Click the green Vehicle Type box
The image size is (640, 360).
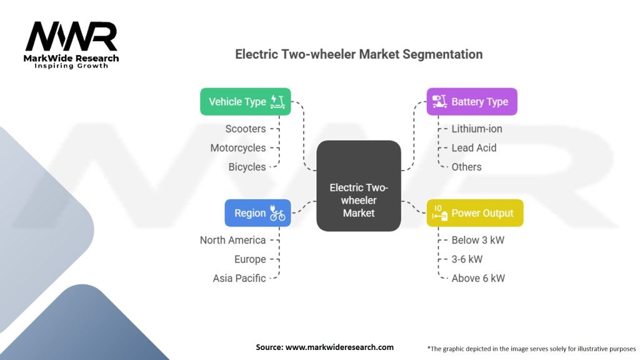(x=245, y=102)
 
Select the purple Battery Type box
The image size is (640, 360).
(x=472, y=102)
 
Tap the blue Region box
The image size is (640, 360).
(x=257, y=213)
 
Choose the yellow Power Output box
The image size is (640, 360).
(x=474, y=213)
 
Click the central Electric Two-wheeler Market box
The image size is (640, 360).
(x=359, y=186)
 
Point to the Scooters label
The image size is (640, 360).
(x=246, y=129)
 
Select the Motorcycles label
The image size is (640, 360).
(x=237, y=148)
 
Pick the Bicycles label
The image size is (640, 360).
(x=247, y=167)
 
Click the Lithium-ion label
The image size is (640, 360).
(x=477, y=129)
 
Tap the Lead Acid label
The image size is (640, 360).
(x=474, y=148)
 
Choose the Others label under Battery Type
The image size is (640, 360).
(x=466, y=167)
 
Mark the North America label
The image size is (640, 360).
(x=232, y=240)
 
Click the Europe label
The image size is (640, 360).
(x=249, y=259)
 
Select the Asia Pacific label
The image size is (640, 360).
(x=239, y=278)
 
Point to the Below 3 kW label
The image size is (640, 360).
(x=477, y=240)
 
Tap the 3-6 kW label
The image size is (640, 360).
(x=467, y=259)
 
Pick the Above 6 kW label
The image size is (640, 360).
(x=477, y=278)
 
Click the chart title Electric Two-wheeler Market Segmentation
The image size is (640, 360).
(x=359, y=54)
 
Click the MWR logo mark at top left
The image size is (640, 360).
(x=71, y=37)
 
